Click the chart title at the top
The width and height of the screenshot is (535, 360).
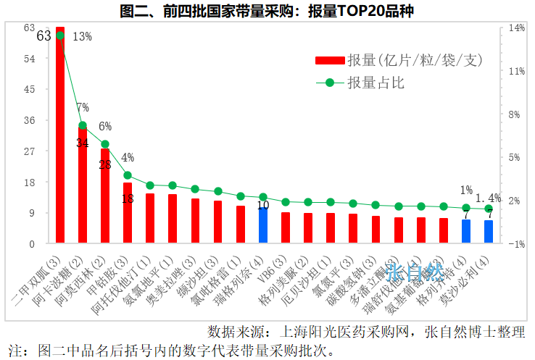coord(267,10)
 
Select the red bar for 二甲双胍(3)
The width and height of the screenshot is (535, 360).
coord(60,138)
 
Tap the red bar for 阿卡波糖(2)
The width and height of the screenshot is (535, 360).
coord(83,188)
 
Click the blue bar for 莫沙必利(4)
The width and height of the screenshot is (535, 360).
coord(489,232)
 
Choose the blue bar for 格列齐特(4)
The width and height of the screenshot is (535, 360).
coord(466,232)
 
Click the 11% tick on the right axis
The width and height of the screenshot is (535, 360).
coord(516,71)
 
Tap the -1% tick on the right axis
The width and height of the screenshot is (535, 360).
coord(516,244)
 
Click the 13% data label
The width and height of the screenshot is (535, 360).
coord(82,36)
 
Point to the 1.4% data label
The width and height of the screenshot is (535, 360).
coord(488,197)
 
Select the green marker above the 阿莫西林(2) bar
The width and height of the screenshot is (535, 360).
coord(105,144)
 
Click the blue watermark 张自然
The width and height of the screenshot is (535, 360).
coord(414,272)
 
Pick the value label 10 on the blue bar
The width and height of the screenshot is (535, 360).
coord(263,206)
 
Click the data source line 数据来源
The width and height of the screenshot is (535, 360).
coord(366,332)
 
